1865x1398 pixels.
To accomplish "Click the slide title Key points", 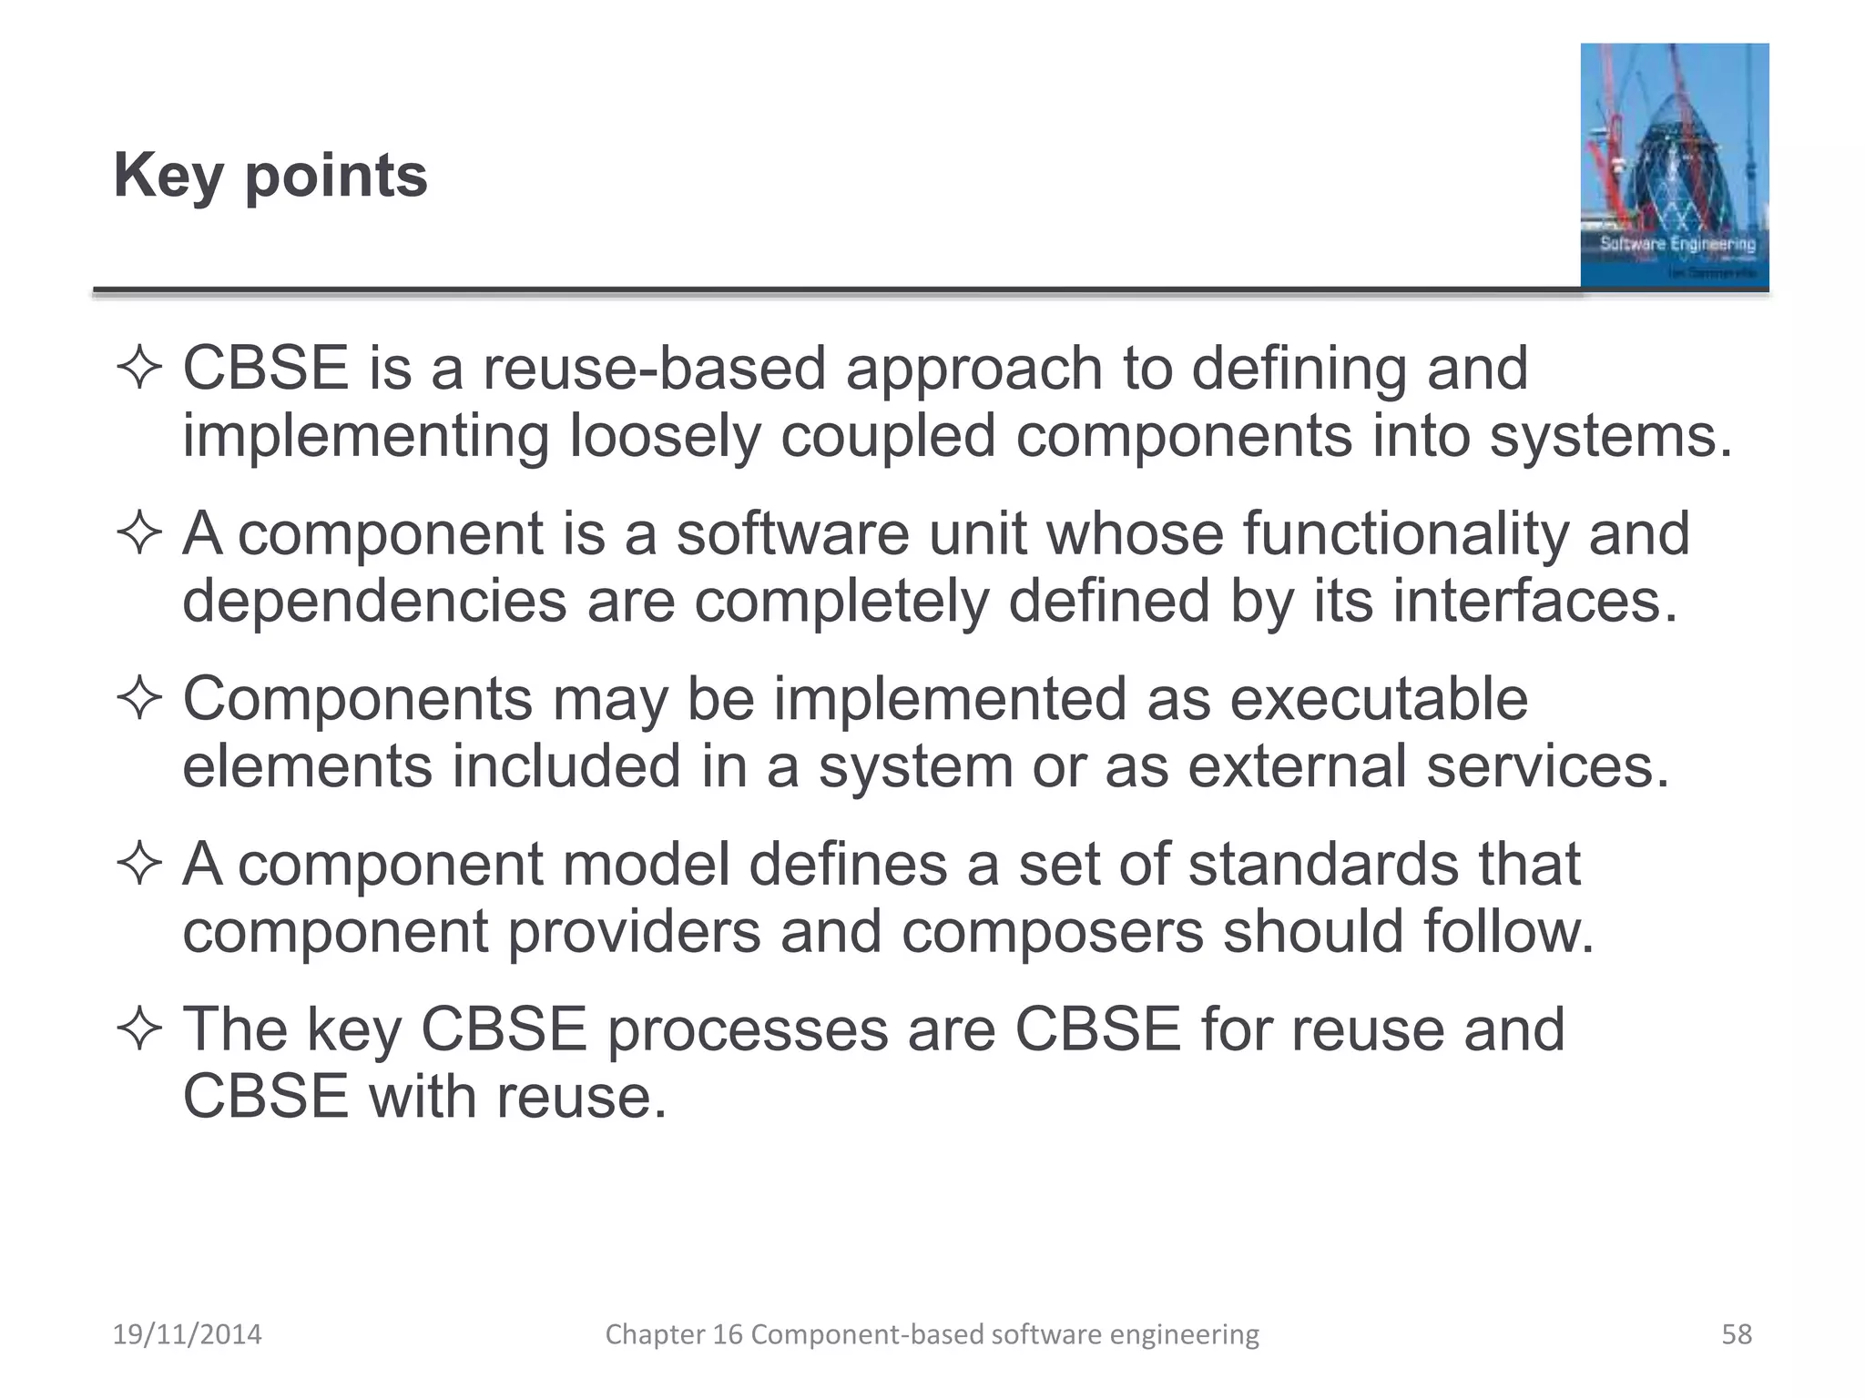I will pyautogui.click(x=270, y=175).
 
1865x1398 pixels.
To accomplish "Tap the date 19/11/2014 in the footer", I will pyautogui.click(x=187, y=1334).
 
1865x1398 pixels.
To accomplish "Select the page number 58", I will pyautogui.click(x=1736, y=1334).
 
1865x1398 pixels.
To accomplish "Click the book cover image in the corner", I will pyautogui.click(x=1674, y=166).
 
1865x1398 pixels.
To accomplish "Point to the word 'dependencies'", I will pyautogui.click(x=374, y=602).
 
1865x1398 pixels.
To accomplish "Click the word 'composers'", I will pyautogui.click(x=1052, y=932).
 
